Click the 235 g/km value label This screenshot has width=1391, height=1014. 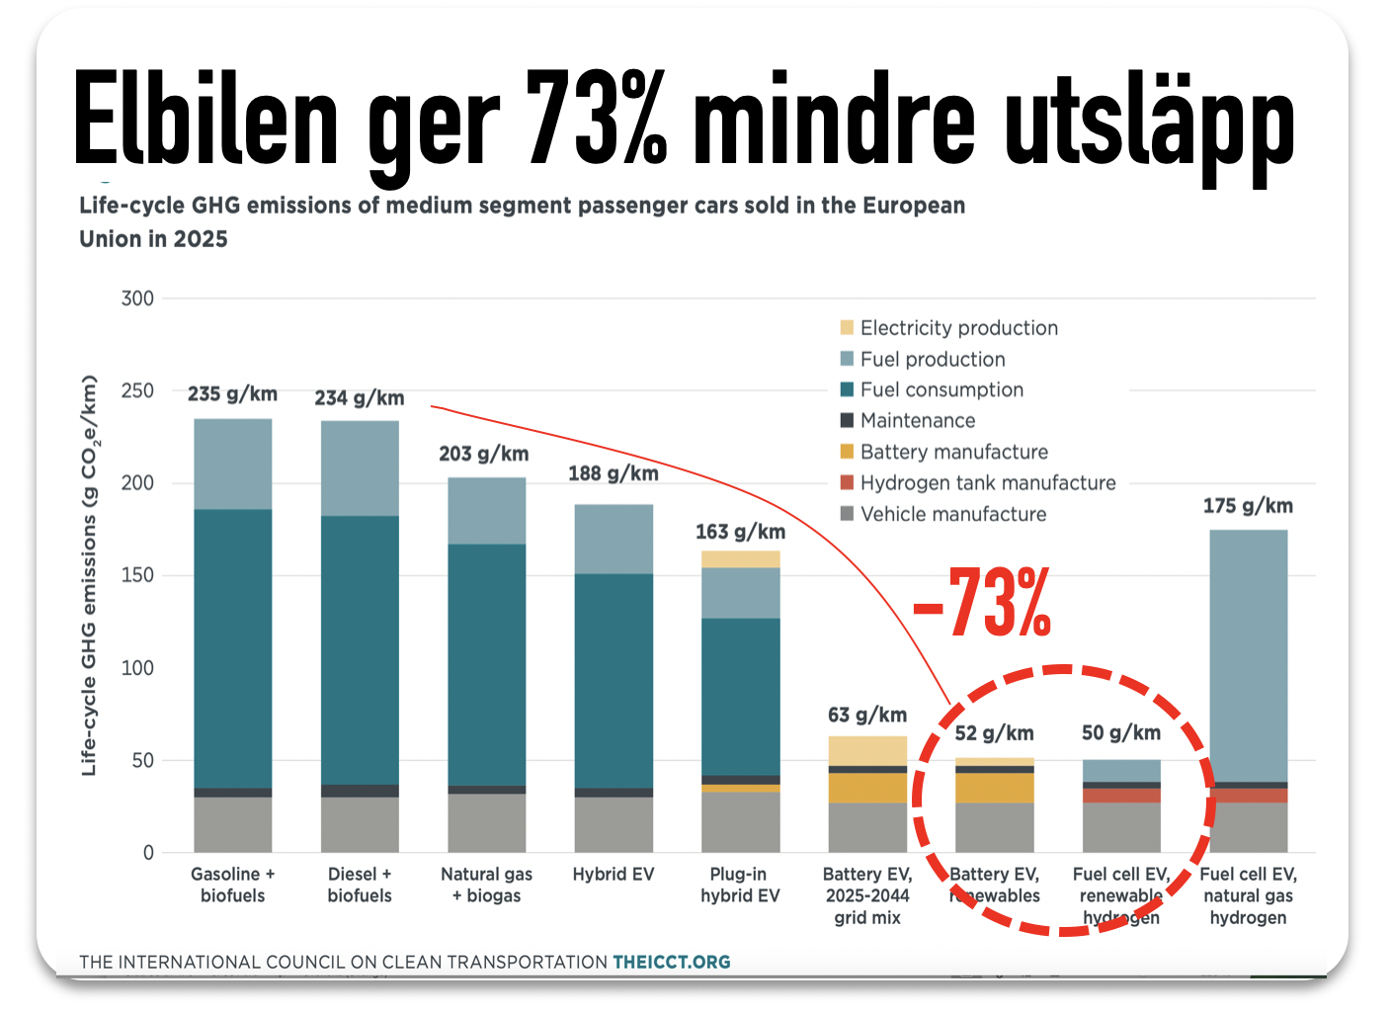pyautogui.click(x=232, y=393)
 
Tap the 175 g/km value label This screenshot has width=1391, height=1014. pyautogui.click(x=1248, y=506)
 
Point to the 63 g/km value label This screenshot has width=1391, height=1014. pyautogui.click(x=867, y=715)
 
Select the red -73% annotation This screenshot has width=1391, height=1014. pyautogui.click(x=981, y=603)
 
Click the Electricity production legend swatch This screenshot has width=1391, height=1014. pyautogui.click(x=847, y=328)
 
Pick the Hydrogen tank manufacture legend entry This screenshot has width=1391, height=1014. pyautogui.click(x=987, y=483)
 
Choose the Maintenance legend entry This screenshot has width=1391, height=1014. pyautogui.click(x=917, y=421)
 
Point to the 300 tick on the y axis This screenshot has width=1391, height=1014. pyautogui.click(x=138, y=298)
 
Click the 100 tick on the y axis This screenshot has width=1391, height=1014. pyautogui.click(x=138, y=668)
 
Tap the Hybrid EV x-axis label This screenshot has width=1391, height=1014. pyautogui.click(x=614, y=875)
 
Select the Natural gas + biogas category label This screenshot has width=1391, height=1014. pyautogui.click(x=486, y=886)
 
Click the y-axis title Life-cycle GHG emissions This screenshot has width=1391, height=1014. pyautogui.click(x=90, y=575)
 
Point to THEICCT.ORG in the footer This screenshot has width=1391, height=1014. pyautogui.click(x=671, y=962)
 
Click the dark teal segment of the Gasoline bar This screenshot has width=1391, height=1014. pyautogui.click(x=233, y=647)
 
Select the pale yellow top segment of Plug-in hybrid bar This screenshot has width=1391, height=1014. pyautogui.click(x=741, y=559)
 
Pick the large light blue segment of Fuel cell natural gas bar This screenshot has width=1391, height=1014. pyautogui.click(x=1248, y=655)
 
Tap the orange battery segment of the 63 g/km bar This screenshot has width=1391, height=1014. pyautogui.click(x=867, y=788)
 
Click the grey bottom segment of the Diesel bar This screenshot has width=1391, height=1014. pyautogui.click(x=360, y=824)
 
